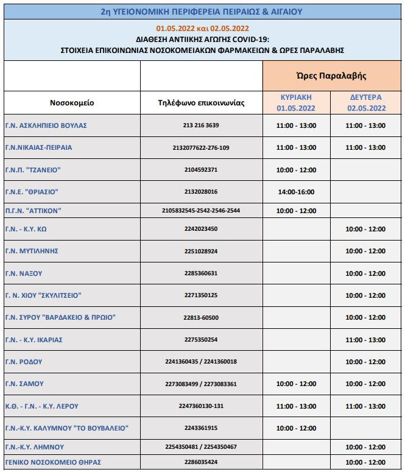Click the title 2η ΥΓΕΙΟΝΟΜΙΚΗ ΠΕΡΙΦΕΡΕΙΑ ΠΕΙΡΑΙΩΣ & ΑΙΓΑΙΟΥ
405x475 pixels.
click(202, 11)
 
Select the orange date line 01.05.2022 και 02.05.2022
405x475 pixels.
click(202, 28)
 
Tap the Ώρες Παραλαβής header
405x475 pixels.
click(331, 76)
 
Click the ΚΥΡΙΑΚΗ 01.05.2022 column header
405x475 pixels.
click(296, 102)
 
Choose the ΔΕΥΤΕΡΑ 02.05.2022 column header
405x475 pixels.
click(366, 102)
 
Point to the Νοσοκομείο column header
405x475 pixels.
click(72, 102)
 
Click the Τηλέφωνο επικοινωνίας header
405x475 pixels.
click(201, 102)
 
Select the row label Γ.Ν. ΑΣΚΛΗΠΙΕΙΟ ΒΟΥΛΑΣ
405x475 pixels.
click(46, 125)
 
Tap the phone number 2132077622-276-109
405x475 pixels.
click(201, 147)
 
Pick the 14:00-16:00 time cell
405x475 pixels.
click(296, 192)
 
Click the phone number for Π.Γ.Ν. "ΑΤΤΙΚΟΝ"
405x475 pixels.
click(201, 211)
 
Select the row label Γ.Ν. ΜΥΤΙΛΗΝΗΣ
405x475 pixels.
click(32, 251)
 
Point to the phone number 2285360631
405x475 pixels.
click(201, 273)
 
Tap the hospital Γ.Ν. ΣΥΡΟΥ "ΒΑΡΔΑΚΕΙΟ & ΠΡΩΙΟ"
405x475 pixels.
click(60, 317)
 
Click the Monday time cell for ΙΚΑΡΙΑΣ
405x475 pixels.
click(365, 339)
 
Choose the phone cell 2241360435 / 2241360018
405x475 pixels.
click(201, 362)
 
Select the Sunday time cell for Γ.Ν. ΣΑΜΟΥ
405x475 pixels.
click(296, 384)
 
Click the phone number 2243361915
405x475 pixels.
click(201, 428)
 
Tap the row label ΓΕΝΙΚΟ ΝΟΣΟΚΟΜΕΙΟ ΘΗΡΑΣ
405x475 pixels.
click(53, 462)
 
